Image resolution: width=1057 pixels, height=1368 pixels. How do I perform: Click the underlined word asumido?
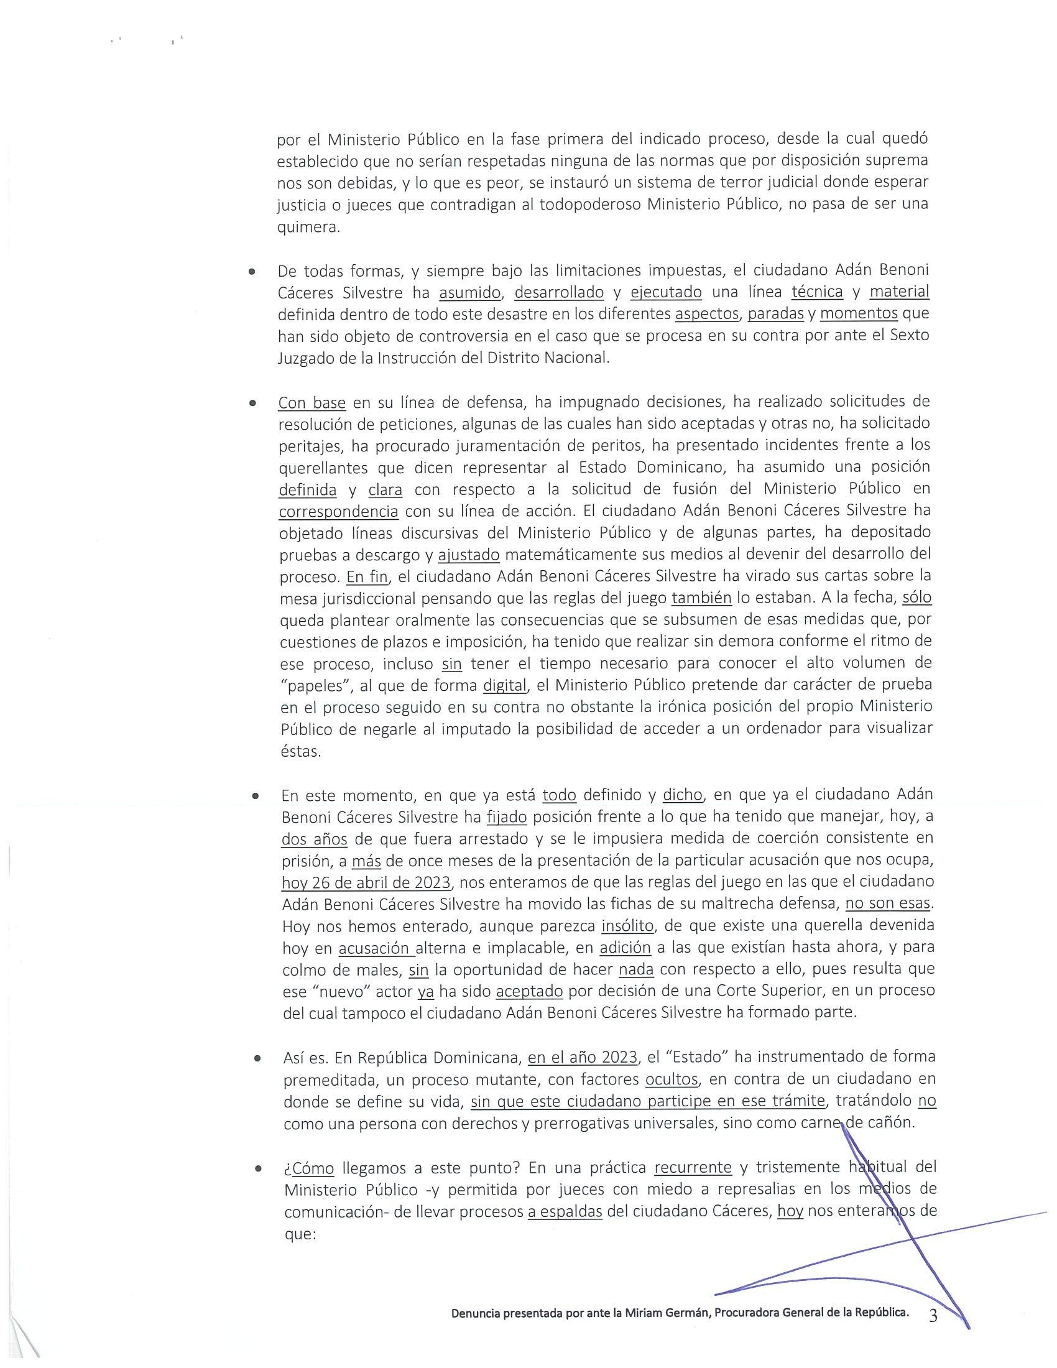tap(470, 292)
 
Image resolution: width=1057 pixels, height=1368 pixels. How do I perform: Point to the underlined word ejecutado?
tap(666, 292)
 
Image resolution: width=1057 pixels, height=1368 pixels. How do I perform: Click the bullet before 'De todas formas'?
tap(252, 272)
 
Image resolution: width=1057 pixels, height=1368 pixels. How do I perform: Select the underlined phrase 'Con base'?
tap(312, 402)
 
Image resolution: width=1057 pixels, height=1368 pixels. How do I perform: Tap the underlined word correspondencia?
tap(338, 511)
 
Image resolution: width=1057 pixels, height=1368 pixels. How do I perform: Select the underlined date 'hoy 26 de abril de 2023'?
tap(366, 882)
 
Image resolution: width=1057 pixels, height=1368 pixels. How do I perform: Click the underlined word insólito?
tap(627, 925)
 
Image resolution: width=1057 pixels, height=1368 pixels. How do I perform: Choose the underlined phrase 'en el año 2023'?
tap(583, 1057)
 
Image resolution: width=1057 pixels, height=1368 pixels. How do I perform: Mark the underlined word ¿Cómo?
tap(310, 1167)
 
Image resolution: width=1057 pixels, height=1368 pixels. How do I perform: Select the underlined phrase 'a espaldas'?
tap(565, 1211)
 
